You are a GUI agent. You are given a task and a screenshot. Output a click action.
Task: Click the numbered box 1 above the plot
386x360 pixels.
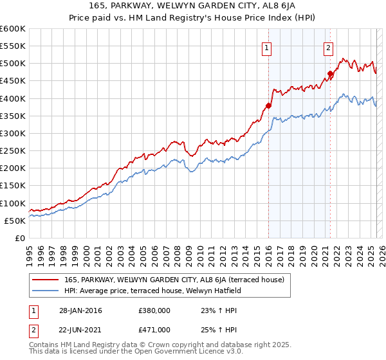pyautogui.click(x=266, y=47)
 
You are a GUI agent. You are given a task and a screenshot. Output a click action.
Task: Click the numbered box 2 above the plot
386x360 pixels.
pyautogui.click(x=328, y=47)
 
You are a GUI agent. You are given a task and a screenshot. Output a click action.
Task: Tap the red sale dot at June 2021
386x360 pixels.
pyautogui.click(x=330, y=74)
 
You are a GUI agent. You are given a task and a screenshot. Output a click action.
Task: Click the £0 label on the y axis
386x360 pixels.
pyautogui.click(x=19, y=238)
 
